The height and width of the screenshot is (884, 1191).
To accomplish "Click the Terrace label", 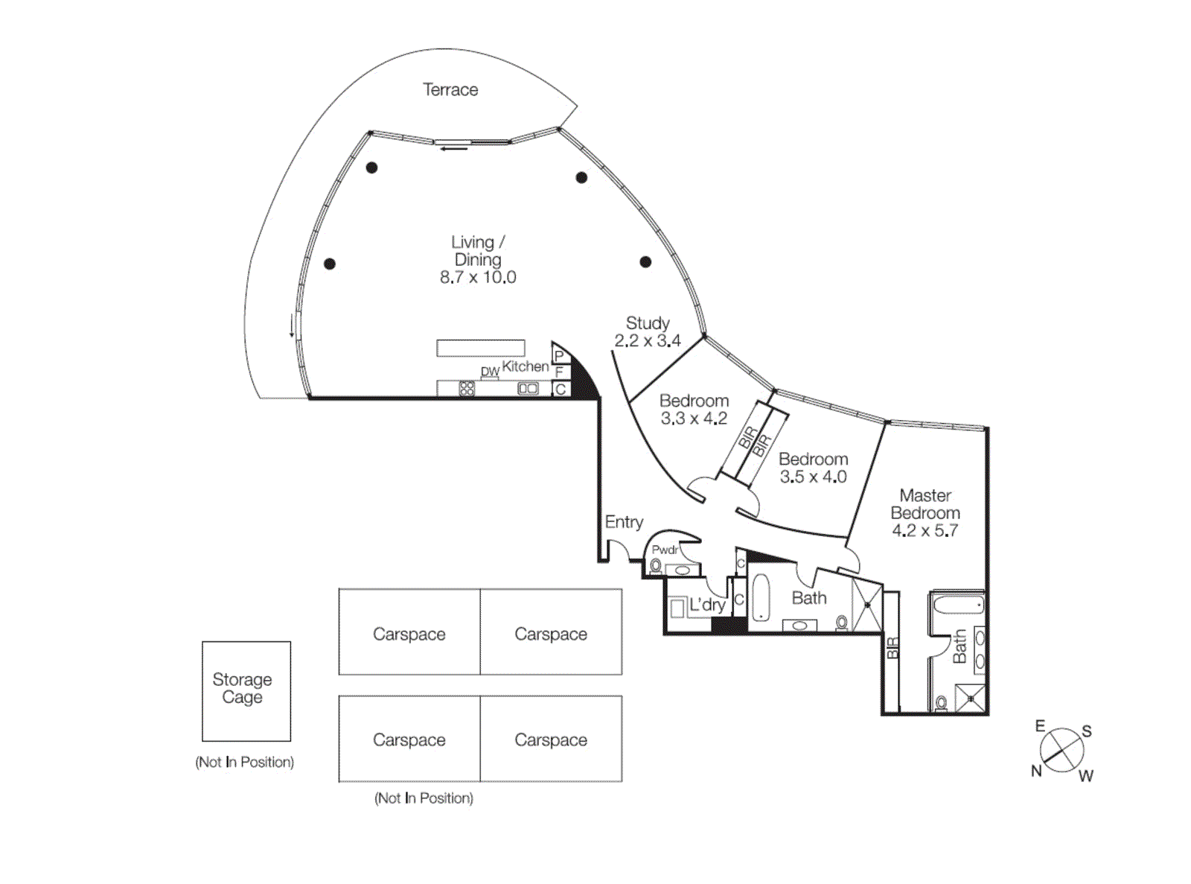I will (450, 89).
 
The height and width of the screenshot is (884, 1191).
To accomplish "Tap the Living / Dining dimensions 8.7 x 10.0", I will (477, 278).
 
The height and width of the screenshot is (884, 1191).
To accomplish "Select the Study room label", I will (647, 323).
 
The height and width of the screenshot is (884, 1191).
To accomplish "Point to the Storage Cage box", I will (246, 690).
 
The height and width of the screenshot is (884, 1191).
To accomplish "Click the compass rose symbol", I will (1061, 749).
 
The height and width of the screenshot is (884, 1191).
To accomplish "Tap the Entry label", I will (624, 522).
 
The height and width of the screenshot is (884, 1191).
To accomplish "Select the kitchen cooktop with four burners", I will (467, 388).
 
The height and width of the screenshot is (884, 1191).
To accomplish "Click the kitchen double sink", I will (528, 388).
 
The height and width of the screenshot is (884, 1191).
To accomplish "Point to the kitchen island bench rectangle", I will (480, 348).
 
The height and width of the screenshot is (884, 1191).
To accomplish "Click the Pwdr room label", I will (665, 550).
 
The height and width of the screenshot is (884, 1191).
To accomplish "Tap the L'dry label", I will (706, 605).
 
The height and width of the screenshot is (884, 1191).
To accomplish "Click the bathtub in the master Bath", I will (958, 604).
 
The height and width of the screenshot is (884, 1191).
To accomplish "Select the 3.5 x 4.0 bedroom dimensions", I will (813, 477).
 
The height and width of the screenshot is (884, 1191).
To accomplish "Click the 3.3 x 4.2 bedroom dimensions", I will (694, 419).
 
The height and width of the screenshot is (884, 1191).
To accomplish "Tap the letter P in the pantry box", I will (559, 355).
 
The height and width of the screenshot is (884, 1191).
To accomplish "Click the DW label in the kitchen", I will (490, 372).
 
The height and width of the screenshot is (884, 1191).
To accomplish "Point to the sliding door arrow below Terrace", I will (454, 149).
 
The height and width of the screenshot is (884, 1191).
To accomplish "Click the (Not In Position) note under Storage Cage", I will (244, 762).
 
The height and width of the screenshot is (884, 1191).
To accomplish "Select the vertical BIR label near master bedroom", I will (892, 648).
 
